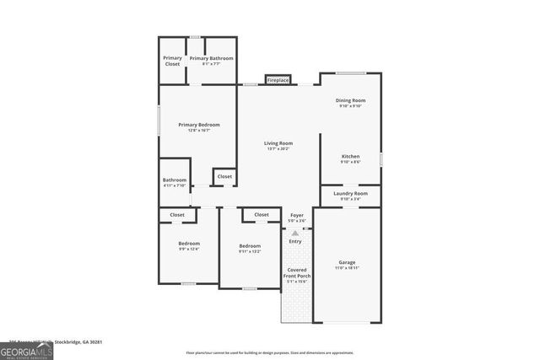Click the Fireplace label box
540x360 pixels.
278,80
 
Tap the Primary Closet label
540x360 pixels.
172,61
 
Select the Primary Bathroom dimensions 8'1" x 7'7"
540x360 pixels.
211,63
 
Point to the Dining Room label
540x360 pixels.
351,100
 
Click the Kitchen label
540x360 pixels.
350,156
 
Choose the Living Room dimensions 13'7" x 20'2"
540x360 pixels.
278,149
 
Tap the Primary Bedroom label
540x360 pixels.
198,125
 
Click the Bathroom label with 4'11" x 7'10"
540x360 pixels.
175,180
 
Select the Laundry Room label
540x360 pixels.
350,193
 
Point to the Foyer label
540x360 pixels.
296,216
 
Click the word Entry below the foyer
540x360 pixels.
295,241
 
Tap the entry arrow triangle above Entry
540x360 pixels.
295,232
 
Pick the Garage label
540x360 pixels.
347,261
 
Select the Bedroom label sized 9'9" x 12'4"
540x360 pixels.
188,244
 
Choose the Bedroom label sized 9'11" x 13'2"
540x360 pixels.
250,245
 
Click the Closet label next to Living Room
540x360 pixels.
224,176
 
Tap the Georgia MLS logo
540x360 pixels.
26,351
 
